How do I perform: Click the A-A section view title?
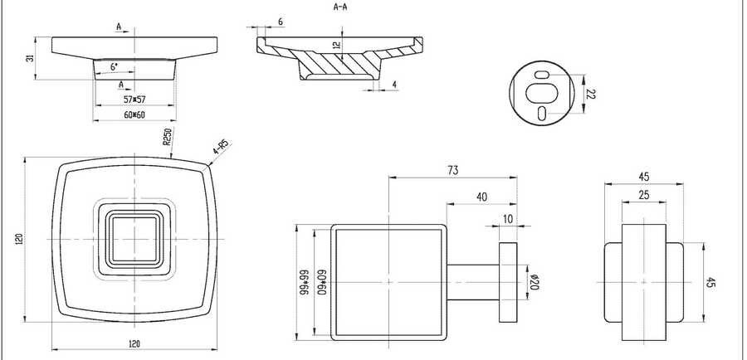[340, 7]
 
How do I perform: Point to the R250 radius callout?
[167, 136]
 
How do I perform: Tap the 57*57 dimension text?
[134, 100]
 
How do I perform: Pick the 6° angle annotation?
[115, 67]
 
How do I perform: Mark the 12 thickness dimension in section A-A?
[337, 46]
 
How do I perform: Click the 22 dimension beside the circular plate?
[591, 94]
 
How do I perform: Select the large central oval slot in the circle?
[542, 94]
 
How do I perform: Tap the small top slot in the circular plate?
[542, 75]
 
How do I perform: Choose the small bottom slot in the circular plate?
[542, 114]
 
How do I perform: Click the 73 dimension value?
[453, 171]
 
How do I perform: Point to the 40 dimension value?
[482, 197]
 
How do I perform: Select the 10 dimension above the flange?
[508, 219]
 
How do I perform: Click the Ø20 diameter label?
[534, 282]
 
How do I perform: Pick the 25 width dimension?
[644, 194]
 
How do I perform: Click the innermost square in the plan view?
[134, 239]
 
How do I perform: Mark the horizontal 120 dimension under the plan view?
[134, 343]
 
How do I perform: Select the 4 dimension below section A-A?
[394, 85]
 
